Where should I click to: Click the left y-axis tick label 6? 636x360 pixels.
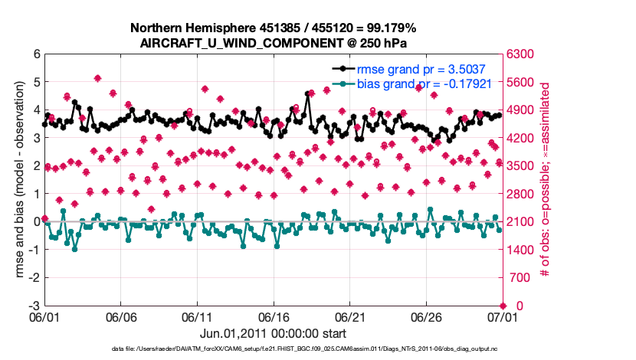36,54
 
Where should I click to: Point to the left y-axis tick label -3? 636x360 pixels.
34,306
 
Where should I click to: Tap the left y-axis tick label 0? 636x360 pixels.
36,221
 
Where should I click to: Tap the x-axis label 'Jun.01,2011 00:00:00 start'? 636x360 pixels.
273,334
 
